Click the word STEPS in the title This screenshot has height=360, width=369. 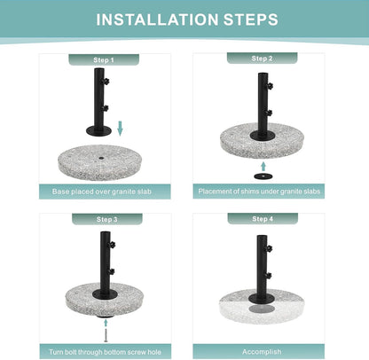[251, 20]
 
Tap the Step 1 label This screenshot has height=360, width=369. [104, 60]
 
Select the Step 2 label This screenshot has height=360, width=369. [262, 59]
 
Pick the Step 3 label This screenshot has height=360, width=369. [107, 219]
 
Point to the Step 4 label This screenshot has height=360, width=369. [263, 219]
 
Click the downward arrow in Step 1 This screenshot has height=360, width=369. [120, 129]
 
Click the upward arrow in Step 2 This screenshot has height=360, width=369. [263, 166]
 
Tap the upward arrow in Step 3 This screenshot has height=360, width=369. [106, 323]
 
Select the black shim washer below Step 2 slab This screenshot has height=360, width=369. [263, 176]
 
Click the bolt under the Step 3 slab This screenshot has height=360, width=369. [106, 336]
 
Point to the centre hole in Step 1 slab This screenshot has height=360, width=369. [101, 160]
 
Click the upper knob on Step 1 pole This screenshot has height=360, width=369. [106, 81]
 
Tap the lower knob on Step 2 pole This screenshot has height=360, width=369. [269, 113]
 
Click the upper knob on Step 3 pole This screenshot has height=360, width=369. [112, 245]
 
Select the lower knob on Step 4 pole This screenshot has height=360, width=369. [268, 276]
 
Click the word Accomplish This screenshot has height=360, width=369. [262, 352]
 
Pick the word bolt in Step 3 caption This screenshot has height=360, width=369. [71, 352]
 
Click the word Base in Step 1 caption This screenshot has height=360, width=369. [60, 192]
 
